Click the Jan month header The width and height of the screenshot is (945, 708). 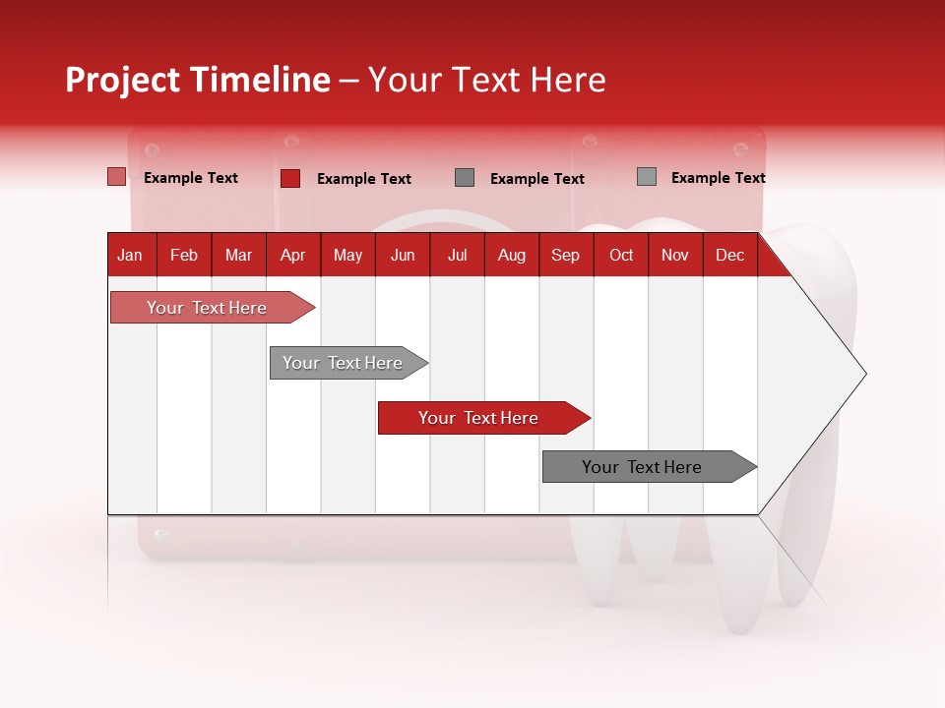pyautogui.click(x=131, y=255)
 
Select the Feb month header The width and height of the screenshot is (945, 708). pyautogui.click(x=184, y=255)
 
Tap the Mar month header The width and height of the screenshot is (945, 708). pyautogui.click(x=238, y=255)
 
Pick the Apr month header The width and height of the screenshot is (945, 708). pyautogui.click(x=293, y=255)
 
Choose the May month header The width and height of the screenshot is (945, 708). pyautogui.click(x=347, y=255)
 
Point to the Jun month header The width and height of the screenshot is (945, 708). pyautogui.click(x=403, y=255)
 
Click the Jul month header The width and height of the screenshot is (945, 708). pyautogui.click(x=457, y=255)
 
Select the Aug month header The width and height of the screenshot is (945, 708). pyautogui.click(x=512, y=255)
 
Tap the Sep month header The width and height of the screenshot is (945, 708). pyautogui.click(x=566, y=255)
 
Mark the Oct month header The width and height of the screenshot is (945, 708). pyautogui.click(x=621, y=255)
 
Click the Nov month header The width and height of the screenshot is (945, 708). pyautogui.click(x=675, y=255)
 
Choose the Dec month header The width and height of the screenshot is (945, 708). pyautogui.click(x=730, y=255)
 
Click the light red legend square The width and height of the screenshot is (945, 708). pyautogui.click(x=117, y=177)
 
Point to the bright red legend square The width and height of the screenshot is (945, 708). pyautogui.click(x=290, y=178)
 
